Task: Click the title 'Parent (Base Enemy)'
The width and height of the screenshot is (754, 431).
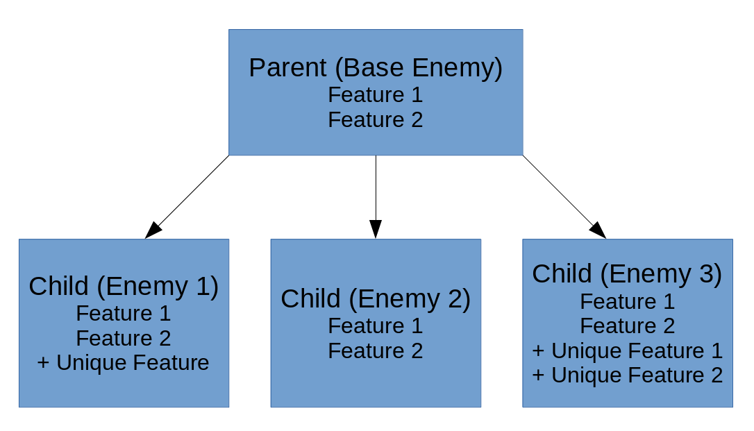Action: pos(376,68)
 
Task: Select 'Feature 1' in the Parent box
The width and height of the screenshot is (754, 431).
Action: pos(376,94)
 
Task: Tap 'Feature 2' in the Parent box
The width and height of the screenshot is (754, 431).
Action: pos(376,119)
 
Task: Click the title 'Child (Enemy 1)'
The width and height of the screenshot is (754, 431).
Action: pos(124,287)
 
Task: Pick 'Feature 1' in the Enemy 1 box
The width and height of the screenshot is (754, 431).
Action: pos(124,313)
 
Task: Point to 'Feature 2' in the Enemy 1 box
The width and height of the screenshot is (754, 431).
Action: pos(124,338)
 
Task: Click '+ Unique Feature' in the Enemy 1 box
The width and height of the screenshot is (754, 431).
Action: pos(124,363)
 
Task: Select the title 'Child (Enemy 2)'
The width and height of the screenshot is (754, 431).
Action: pos(376,299)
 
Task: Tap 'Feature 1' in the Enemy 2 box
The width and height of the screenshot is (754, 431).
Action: pos(376,326)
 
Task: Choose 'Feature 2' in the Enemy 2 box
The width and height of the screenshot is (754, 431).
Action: pos(376,350)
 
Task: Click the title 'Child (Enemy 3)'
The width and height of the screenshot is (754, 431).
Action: pos(627,274)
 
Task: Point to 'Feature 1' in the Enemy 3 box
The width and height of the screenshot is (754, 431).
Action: pos(628,301)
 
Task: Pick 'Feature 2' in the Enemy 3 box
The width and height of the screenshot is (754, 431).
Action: pos(628,326)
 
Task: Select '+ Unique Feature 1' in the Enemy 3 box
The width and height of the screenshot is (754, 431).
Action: pos(628,350)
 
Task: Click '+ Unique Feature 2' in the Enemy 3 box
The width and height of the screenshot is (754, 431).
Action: pos(628,375)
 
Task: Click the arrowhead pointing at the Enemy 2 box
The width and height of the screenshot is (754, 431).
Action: pos(376,229)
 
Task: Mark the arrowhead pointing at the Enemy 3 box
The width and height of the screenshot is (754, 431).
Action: pos(598,231)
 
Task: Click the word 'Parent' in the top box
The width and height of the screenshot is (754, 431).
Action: pos(287,68)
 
